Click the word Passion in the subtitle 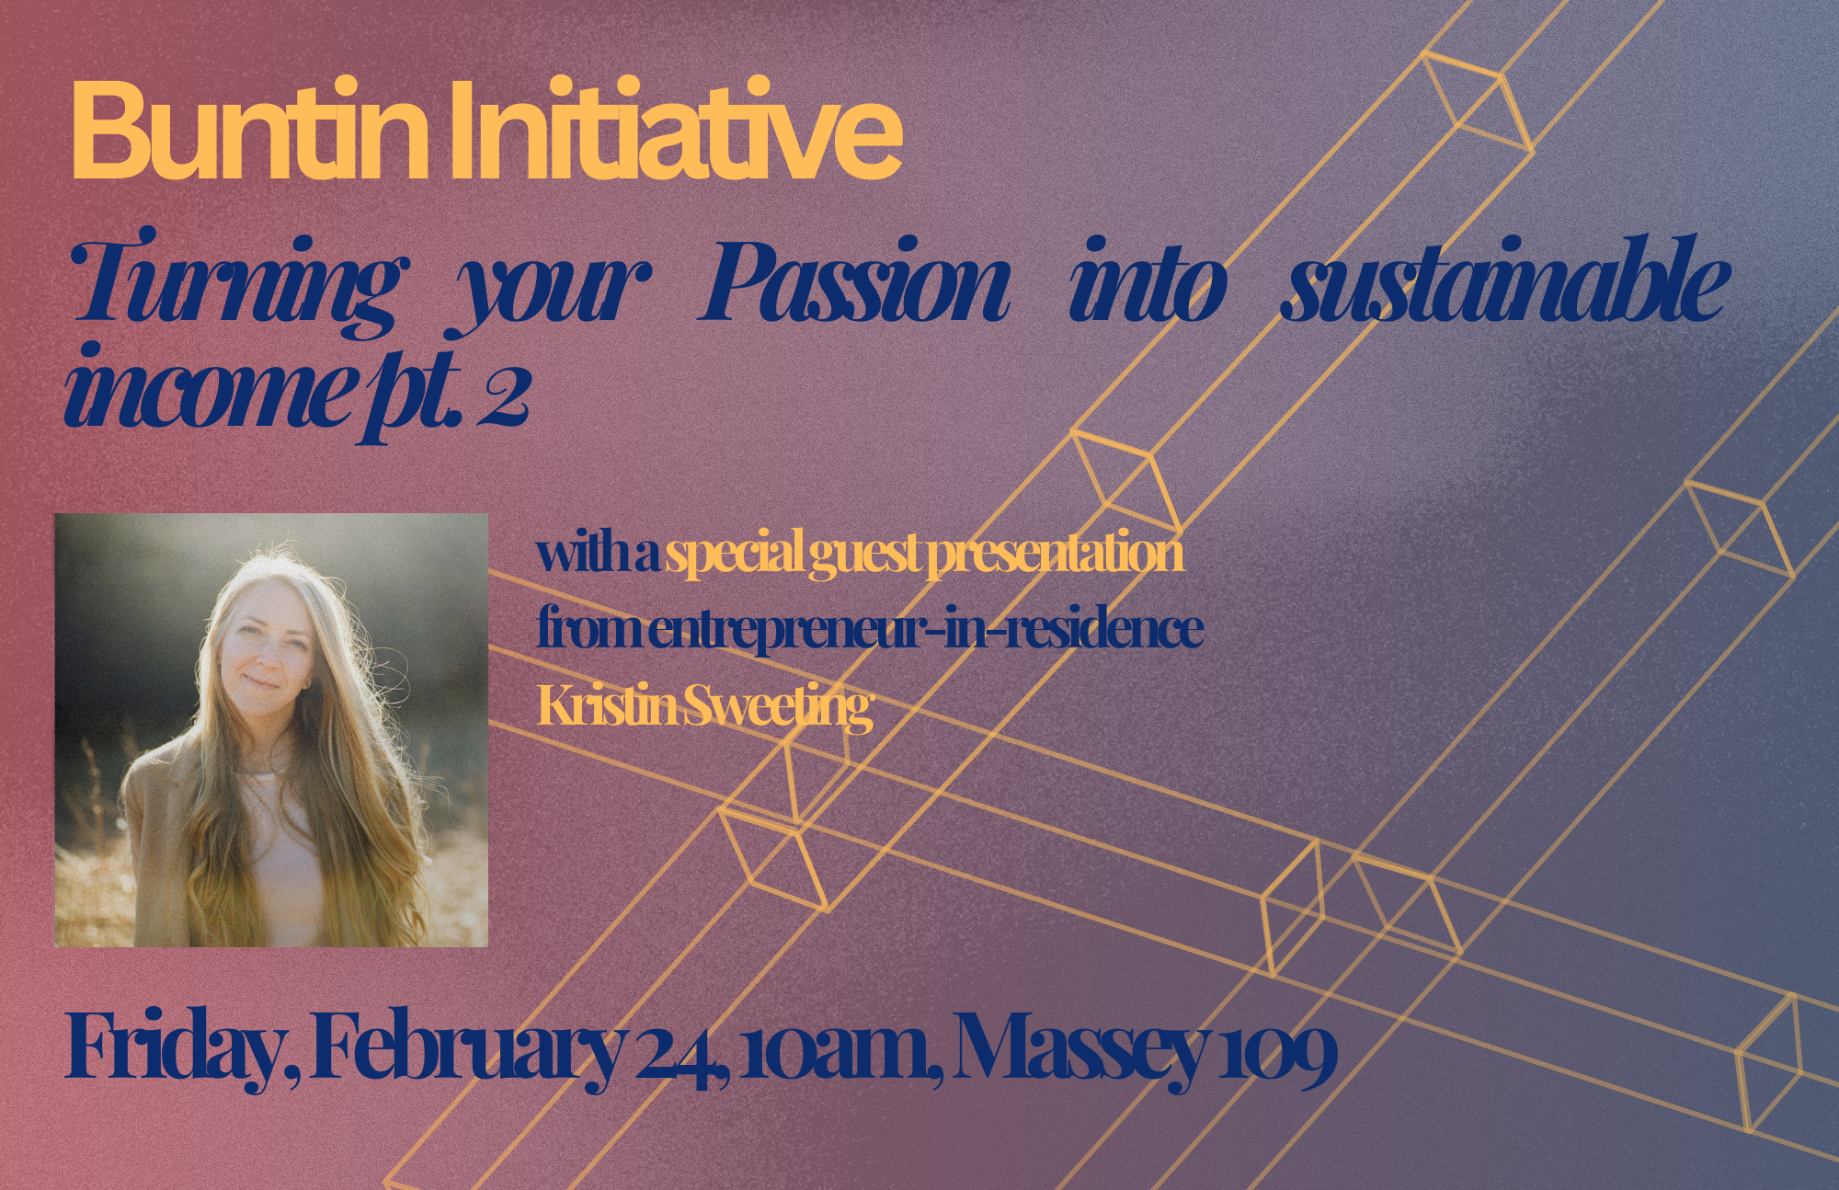click(x=854, y=281)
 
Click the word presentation click(x=1055, y=554)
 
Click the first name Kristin click(x=608, y=705)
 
